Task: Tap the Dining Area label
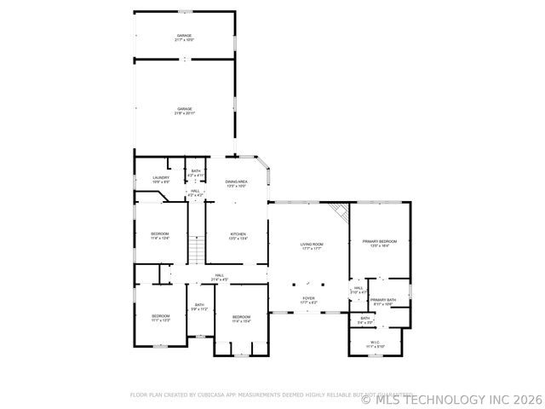pos(236,183)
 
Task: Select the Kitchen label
pos(238,236)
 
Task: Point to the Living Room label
pos(311,246)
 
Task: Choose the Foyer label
pos(308,301)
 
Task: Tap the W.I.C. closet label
pos(376,345)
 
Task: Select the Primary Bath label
pos(382,301)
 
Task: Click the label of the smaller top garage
pos(184,37)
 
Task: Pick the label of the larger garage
pos(184,111)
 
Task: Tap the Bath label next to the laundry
pos(196,173)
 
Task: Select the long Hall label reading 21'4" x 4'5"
pos(219,277)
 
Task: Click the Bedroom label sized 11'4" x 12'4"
pos(160,236)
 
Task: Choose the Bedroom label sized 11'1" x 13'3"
pos(161,319)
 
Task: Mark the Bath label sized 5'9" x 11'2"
pos(199,307)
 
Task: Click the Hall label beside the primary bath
pos(359,291)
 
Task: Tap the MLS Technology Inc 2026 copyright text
pos(451,397)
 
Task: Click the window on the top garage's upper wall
pos(184,12)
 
